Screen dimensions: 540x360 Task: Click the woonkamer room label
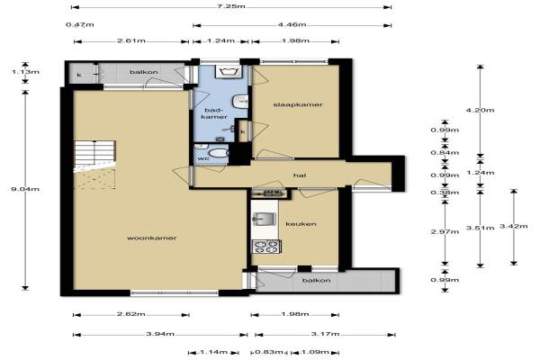coord(152,238)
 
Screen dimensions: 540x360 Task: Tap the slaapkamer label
coord(298,104)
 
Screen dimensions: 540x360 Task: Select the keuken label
coord(301,224)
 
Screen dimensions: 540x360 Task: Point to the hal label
coord(300,175)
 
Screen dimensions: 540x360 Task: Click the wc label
coord(203,158)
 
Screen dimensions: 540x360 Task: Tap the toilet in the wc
coord(218,153)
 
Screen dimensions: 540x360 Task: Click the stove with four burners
coord(266,247)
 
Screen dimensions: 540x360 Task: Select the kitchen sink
coord(264,219)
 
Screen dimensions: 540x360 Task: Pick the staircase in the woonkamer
coord(94,156)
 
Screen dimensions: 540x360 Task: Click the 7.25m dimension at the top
coord(231,6)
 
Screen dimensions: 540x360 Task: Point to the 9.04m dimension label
coord(25,189)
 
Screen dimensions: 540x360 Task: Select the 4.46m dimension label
coord(292,24)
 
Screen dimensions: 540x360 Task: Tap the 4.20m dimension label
coord(480,110)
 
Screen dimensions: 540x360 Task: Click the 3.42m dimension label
coord(514,226)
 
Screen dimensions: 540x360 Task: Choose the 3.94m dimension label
coord(160,334)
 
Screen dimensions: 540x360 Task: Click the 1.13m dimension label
coord(25,72)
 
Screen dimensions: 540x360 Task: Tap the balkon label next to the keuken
coord(316,281)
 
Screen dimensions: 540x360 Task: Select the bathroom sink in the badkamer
coord(240,102)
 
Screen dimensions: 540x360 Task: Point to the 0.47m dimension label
coord(79,24)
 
